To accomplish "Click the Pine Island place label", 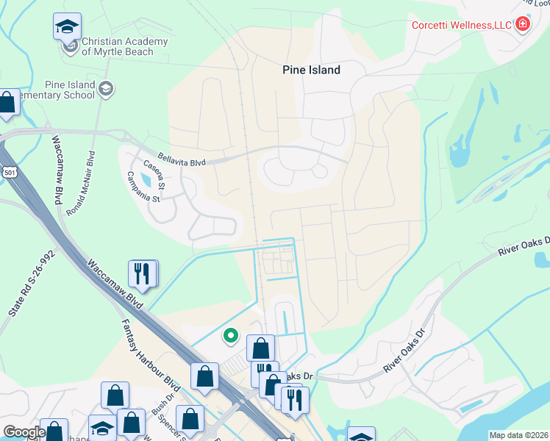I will (312, 70).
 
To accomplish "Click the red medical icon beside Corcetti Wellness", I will (523, 24).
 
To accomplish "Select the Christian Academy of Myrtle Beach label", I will (124, 46).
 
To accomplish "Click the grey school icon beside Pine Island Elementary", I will (107, 89).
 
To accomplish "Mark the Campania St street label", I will (143, 187).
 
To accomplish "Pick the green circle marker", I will (231, 336).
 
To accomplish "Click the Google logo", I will (24, 432).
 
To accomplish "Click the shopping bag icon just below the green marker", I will (260, 348).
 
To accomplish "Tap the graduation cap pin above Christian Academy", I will (67, 27).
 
